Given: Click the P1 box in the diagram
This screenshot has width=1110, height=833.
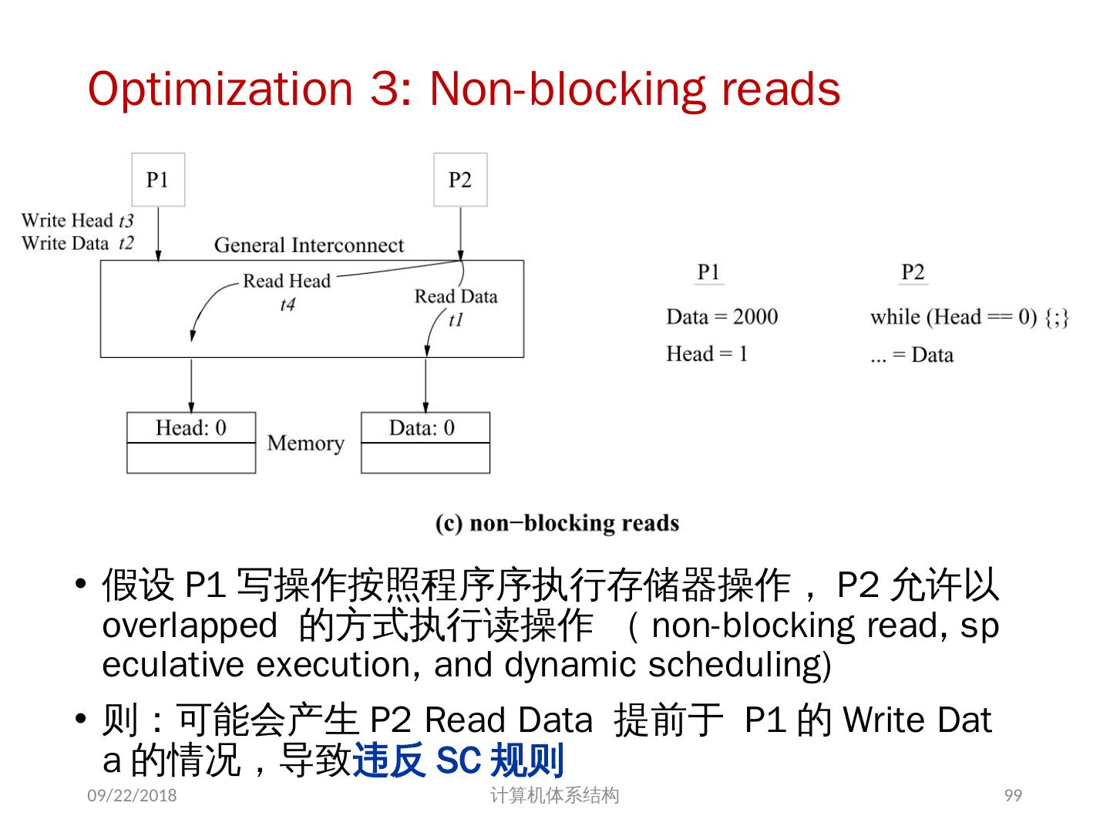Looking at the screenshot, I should (x=158, y=180).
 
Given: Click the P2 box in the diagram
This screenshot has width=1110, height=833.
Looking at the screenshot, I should (x=460, y=180).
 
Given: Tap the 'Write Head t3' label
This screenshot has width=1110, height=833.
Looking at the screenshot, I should (x=77, y=221).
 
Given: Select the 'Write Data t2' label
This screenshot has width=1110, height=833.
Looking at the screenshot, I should (x=77, y=244).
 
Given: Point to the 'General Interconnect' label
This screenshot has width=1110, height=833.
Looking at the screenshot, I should (x=308, y=245).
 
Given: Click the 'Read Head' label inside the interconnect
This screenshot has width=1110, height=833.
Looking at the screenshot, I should (x=287, y=281).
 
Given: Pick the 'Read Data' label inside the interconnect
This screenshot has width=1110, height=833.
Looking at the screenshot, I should (x=456, y=296).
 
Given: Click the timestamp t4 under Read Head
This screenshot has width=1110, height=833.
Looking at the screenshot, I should (x=287, y=305).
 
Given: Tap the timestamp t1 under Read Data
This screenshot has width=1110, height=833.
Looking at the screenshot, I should (x=456, y=319).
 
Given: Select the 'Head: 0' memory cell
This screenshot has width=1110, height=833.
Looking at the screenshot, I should (x=191, y=428).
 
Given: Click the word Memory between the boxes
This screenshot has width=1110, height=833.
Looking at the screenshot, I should (x=305, y=443).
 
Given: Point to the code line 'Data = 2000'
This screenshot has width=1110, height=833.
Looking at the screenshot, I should (x=721, y=317).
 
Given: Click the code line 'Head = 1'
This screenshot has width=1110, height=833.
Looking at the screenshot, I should (x=707, y=354).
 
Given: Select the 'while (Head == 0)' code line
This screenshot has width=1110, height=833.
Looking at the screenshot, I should (x=969, y=317).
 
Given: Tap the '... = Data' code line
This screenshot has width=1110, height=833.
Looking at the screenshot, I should (x=911, y=355).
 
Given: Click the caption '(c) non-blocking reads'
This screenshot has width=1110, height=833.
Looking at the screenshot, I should (x=557, y=523).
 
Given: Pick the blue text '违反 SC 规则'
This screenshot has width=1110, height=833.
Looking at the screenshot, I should (x=459, y=760).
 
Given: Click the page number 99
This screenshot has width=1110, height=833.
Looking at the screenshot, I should (x=1013, y=795).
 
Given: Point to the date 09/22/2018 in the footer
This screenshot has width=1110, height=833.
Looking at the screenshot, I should (x=132, y=795).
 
